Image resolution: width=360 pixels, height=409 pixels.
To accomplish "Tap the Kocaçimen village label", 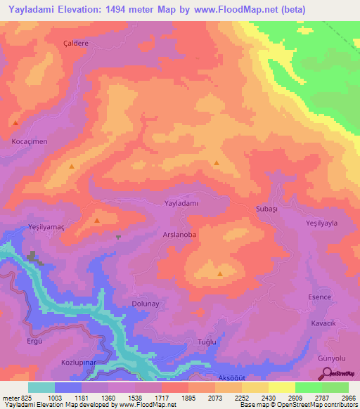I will (29, 141).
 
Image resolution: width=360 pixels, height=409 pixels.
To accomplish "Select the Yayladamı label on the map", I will (183, 203).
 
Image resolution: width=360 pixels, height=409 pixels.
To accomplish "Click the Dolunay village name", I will (147, 304).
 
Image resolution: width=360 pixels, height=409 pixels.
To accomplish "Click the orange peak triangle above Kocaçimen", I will (15, 124).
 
